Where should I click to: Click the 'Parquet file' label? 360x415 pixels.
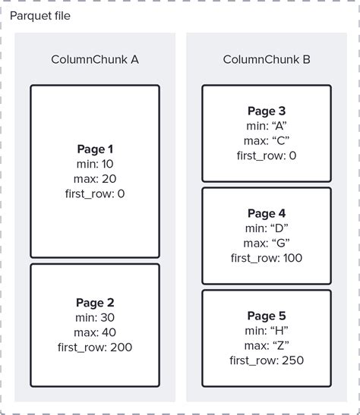click(40, 15)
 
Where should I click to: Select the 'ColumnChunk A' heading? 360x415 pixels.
click(95, 59)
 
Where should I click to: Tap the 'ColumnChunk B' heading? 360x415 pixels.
click(267, 59)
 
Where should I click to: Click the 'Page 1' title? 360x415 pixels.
click(95, 149)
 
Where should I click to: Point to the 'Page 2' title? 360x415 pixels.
click(95, 303)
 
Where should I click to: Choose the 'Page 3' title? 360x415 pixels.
click(267, 112)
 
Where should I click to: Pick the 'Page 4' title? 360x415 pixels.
click(267, 214)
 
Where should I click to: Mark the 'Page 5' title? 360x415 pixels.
click(267, 316)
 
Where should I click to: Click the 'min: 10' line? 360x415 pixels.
click(95, 164)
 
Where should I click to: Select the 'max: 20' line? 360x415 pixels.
click(95, 178)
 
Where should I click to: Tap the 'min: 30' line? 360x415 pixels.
click(95, 318)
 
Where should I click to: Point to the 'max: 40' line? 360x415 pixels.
click(95, 332)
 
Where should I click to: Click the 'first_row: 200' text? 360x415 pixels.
click(95, 347)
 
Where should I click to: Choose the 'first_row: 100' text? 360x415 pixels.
click(267, 258)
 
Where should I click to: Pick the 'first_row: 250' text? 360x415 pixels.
click(267, 360)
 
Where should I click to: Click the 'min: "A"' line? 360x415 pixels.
click(267, 126)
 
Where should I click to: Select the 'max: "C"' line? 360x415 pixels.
click(267, 140)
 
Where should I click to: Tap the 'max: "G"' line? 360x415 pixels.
click(267, 243)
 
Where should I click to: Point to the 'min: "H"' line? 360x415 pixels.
click(267, 331)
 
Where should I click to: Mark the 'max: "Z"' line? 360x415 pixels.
click(267, 345)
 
